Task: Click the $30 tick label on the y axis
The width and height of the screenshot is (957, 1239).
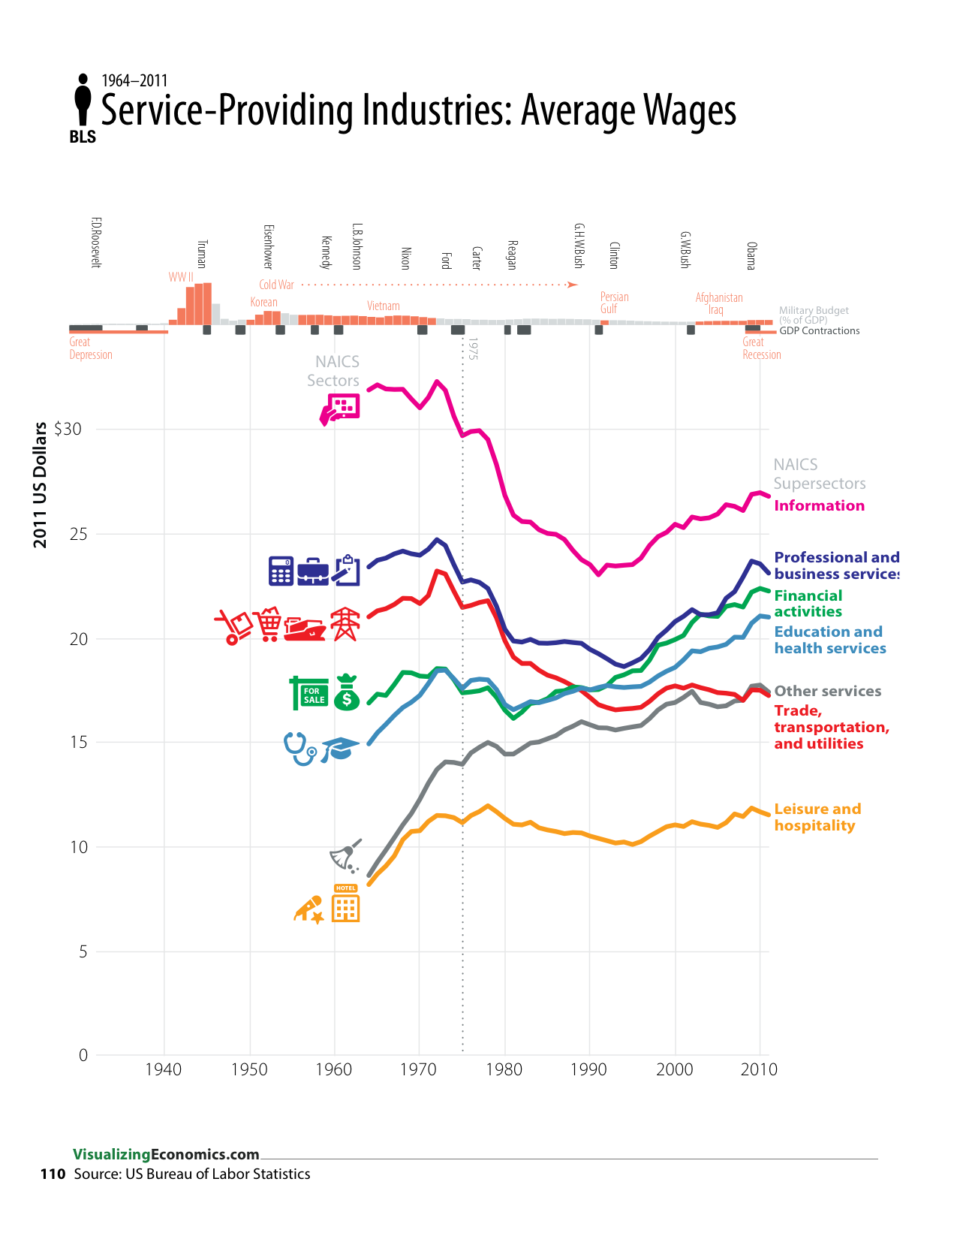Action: click(x=68, y=430)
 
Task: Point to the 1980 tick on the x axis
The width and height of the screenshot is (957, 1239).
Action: click(x=504, y=1069)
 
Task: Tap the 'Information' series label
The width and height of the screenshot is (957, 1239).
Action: click(x=819, y=506)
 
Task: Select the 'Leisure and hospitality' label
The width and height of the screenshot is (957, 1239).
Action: click(x=817, y=818)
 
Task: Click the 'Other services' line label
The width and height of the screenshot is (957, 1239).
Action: click(x=827, y=692)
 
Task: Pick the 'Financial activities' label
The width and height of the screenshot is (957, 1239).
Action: click(x=808, y=604)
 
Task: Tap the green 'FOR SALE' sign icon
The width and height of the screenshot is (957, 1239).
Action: click(x=308, y=693)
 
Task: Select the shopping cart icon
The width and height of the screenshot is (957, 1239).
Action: click(x=269, y=624)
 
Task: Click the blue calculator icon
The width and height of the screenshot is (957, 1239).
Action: click(x=281, y=571)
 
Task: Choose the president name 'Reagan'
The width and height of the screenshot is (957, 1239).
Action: click(x=512, y=255)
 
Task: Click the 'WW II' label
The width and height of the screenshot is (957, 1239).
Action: click(x=181, y=277)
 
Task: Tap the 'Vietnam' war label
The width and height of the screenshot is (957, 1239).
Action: click(x=383, y=306)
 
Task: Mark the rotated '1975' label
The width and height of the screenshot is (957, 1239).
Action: click(x=472, y=348)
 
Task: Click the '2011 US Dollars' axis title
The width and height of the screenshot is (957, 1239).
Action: click(x=41, y=484)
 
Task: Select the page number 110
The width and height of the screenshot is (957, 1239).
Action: click(x=53, y=1174)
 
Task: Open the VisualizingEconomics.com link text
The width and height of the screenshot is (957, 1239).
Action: click(x=166, y=1155)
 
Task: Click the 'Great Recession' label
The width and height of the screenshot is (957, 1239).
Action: click(x=761, y=348)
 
